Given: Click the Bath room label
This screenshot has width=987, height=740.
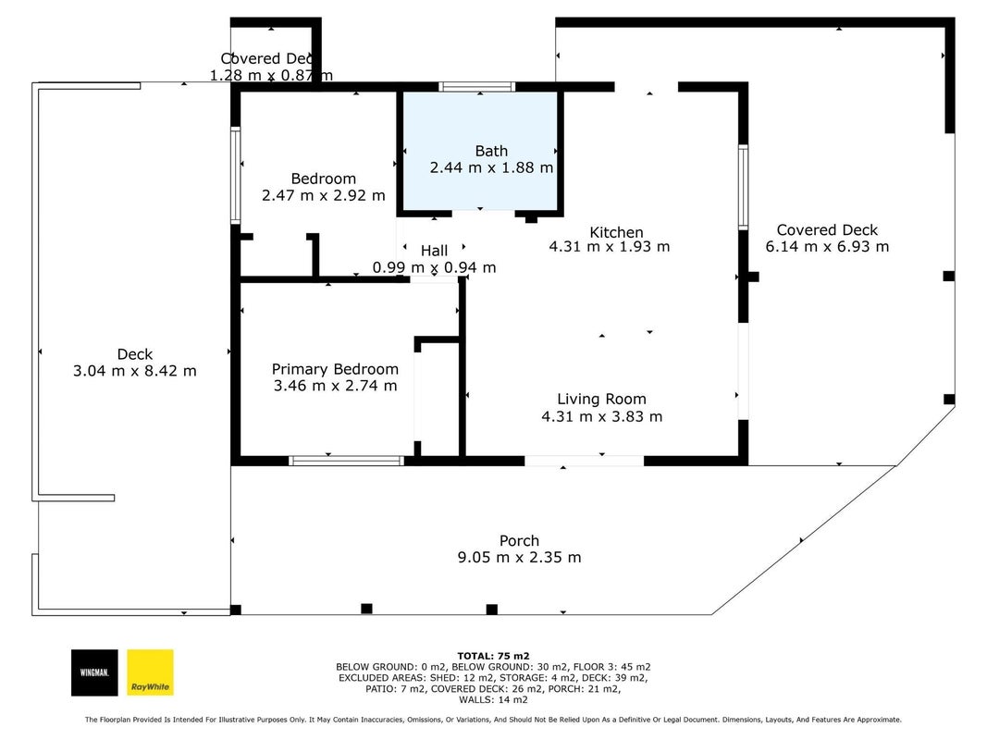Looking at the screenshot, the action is (x=491, y=151).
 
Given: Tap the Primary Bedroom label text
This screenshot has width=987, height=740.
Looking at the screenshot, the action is (x=335, y=369).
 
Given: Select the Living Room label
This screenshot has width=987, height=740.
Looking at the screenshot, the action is (x=601, y=399).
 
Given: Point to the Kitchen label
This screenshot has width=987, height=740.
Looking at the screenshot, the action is (x=616, y=232).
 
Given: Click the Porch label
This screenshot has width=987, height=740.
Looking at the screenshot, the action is (x=519, y=540).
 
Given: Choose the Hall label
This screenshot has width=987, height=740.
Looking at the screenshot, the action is (x=435, y=251).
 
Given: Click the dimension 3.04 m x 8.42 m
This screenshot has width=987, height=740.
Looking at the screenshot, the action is (x=135, y=371).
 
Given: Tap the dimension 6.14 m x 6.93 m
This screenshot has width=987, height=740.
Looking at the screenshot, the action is (x=827, y=247).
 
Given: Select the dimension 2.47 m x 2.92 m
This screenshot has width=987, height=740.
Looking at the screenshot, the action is (x=324, y=196).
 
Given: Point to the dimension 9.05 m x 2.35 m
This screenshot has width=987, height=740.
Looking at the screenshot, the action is (x=519, y=558).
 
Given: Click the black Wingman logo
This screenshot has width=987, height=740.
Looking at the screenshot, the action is (x=94, y=672).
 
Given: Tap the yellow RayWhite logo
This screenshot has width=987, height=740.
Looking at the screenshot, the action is (x=151, y=672).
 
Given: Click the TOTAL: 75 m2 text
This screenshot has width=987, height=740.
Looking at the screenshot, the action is (x=494, y=657).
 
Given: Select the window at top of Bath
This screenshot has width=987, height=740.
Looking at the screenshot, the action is (x=476, y=87).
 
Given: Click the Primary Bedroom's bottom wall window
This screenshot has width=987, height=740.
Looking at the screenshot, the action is (x=346, y=462).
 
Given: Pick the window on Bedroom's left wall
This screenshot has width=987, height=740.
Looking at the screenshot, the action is (x=236, y=175).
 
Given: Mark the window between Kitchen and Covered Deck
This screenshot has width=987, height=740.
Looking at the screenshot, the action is (x=744, y=187).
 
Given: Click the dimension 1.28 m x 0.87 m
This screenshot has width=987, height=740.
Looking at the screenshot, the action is (x=271, y=76).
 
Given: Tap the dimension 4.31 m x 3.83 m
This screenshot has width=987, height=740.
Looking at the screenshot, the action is (x=602, y=416).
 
